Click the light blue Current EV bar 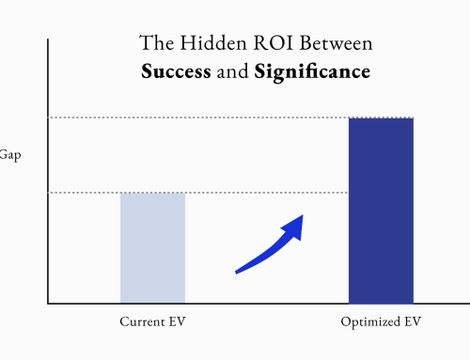point(152,248)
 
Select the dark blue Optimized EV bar point(381,211)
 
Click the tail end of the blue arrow point(238,272)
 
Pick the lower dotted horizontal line point(85,193)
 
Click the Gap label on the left point(9,156)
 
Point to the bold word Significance point(311,70)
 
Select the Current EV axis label point(152,322)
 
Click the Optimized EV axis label point(381,322)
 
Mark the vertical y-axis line point(48,169)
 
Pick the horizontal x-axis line point(254,304)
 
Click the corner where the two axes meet point(48,304)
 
